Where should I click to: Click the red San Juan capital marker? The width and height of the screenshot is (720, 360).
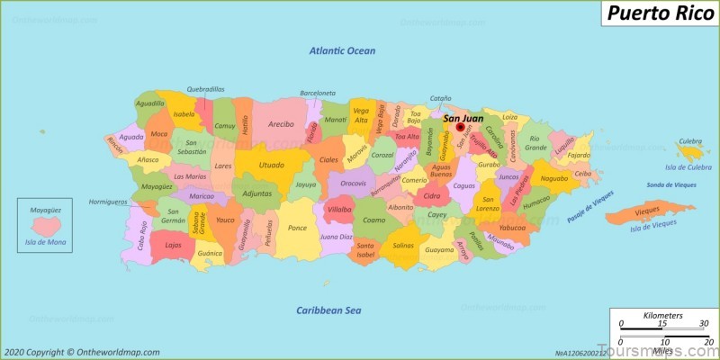pos(460,128)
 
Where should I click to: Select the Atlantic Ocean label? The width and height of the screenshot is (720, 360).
pos(342,50)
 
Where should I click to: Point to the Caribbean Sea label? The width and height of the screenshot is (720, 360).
pos(328,310)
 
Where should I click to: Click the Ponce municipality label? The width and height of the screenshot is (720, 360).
pos(297,228)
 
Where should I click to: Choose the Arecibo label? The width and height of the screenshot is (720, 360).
pos(281,124)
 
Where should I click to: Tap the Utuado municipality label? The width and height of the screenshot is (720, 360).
pos(271,166)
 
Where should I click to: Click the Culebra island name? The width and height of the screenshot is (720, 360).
pos(690,141)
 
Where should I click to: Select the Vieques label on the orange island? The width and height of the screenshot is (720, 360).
pos(647,210)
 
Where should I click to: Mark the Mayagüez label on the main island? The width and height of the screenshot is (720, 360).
pos(157,187)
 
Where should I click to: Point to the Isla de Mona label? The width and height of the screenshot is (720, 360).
pos(45,242)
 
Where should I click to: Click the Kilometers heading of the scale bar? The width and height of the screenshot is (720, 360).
pos(662,316)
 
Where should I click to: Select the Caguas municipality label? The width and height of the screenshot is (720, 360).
pos(463,186)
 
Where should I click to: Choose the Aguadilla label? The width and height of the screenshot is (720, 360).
pos(149,103)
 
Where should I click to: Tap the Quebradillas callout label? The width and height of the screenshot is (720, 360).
pos(205,89)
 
